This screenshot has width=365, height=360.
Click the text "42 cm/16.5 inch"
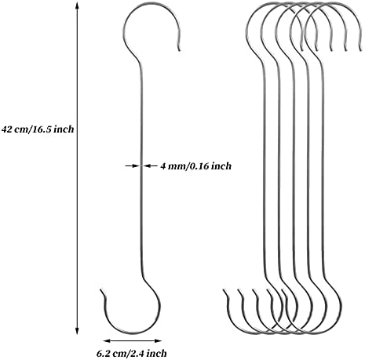click(x=38, y=129)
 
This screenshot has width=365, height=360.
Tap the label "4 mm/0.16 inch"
click(x=195, y=166)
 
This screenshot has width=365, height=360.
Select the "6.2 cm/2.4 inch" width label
click(x=132, y=354)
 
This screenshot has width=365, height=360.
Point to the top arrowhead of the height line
click(x=77, y=5)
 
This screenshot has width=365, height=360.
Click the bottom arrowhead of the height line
click(x=77, y=331)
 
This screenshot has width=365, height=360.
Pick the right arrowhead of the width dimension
click(x=158, y=340)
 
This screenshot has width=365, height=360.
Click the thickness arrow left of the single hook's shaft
click(x=132, y=165)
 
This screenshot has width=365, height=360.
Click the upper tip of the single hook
click(x=180, y=50)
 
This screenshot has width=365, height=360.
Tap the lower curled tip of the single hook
click(x=101, y=290)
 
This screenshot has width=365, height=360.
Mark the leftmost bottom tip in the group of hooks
click(x=224, y=290)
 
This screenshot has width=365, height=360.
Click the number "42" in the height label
click(x=7, y=129)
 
